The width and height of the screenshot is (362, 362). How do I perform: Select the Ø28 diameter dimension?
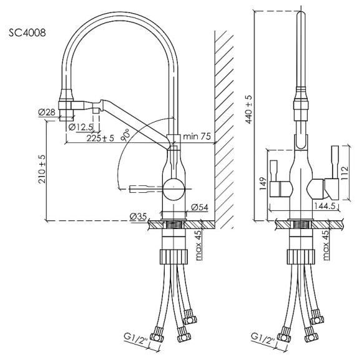point(47,112)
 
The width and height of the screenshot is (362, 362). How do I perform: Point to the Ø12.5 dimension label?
point(81,127)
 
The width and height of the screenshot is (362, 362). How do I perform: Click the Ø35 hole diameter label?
point(139,216)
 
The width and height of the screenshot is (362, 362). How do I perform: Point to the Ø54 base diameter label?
point(200,207)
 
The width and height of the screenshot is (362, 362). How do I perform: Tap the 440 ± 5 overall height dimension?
point(249,110)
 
